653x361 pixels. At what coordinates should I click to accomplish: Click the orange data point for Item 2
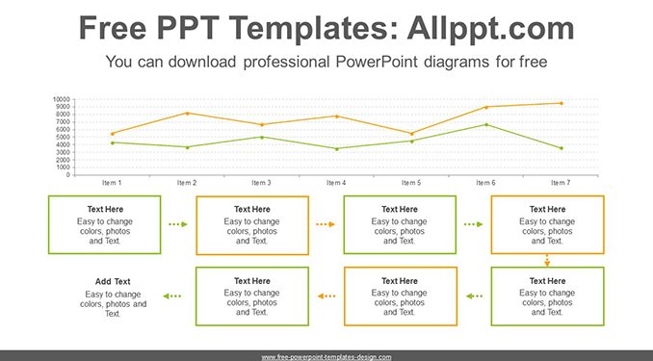coord(188,113)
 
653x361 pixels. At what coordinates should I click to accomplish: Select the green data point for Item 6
coord(486,124)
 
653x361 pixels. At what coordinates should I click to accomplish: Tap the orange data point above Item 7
coord(562,103)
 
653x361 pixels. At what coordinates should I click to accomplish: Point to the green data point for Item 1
coord(113,142)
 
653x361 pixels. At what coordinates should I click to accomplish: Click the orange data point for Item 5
coord(411,134)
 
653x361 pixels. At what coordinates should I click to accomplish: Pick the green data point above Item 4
coord(337,148)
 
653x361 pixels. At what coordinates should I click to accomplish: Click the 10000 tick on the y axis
coord(62,99)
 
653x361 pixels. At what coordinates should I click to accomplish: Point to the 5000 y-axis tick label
coord(64,137)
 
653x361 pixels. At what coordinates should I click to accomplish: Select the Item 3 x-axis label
coord(262,183)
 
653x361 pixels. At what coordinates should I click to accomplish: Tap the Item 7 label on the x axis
coord(561,183)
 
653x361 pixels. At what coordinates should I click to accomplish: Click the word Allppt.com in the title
coord(490,28)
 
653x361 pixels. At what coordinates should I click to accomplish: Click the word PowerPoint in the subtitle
coord(377,62)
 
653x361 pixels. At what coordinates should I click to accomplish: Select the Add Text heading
coord(113,281)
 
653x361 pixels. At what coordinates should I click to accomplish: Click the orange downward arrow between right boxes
coord(547,261)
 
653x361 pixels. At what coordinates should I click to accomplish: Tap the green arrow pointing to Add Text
coord(172,297)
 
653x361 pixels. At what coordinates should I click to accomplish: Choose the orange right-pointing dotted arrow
coord(326,224)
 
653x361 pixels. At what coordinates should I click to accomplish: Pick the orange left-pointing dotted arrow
coord(326,297)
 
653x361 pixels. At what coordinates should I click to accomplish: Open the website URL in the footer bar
coord(326,357)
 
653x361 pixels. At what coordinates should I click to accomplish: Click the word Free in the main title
coord(113,28)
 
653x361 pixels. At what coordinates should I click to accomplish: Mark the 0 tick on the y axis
coord(67,175)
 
